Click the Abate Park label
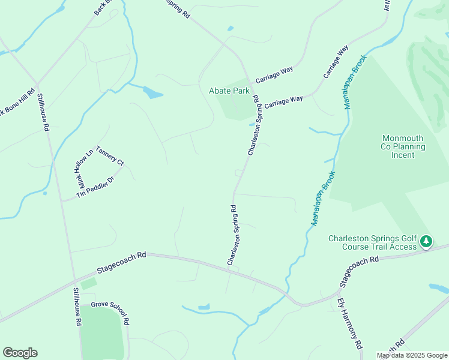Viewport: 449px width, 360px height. [x=229, y=91]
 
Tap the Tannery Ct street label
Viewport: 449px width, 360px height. [x=109, y=158]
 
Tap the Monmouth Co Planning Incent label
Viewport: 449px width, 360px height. [x=403, y=146]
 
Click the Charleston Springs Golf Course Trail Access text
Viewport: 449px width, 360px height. [x=372, y=242]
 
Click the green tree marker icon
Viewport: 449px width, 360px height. [x=426, y=241]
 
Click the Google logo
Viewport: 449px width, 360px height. [x=20, y=353]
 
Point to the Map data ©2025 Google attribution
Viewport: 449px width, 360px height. [x=412, y=355]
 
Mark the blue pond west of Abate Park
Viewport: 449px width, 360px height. [x=152, y=92]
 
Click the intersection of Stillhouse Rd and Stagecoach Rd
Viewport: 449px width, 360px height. [x=74, y=280]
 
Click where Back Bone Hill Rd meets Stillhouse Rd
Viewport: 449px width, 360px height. [x=37, y=84]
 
